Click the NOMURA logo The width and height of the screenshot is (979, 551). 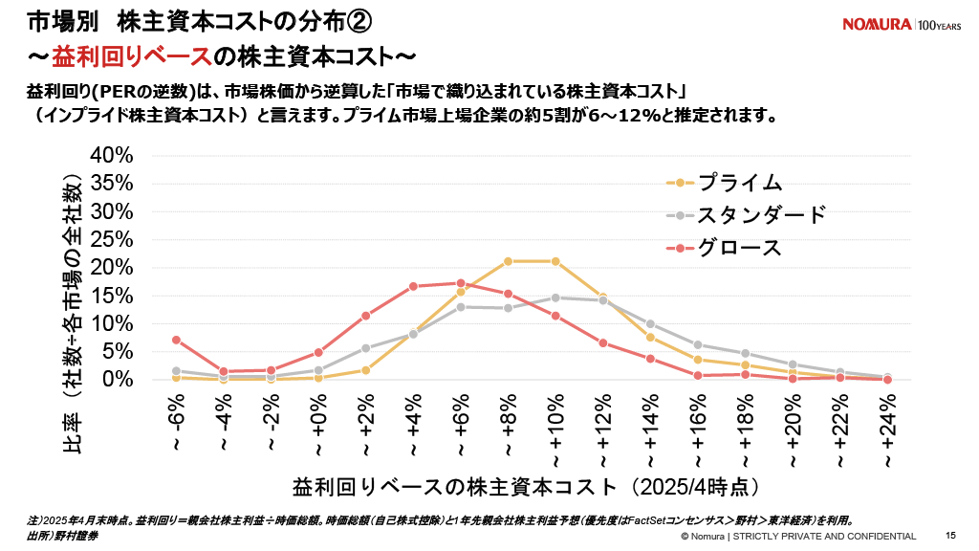877,24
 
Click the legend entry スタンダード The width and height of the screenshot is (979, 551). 761,215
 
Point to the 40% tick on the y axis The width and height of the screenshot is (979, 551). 112,156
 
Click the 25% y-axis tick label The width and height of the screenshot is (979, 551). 112,239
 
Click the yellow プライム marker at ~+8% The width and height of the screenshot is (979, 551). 508,261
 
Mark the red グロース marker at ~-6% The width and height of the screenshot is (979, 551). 176,340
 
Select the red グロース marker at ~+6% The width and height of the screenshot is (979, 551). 461,283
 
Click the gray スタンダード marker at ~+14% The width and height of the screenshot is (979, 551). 650,323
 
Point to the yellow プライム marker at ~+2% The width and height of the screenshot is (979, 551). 366,370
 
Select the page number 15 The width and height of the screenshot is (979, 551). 950,536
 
